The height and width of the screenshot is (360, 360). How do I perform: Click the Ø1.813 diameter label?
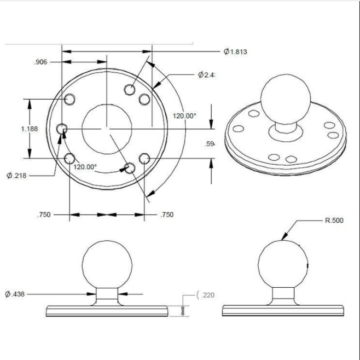point(235,52)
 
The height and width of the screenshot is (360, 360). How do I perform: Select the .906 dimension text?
point(41,62)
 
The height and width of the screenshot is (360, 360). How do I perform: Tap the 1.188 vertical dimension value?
point(29,129)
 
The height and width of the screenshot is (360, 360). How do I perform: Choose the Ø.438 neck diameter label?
point(15,294)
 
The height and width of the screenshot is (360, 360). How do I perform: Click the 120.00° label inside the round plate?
point(85,167)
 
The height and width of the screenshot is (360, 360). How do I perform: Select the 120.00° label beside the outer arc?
point(185,116)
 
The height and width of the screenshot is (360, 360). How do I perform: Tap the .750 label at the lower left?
point(44,214)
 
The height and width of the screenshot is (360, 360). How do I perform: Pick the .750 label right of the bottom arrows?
point(166,214)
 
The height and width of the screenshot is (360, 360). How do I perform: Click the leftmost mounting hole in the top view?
point(63,129)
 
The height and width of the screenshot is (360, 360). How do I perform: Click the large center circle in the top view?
point(107,129)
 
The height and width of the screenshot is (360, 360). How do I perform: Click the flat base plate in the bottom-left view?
point(107,310)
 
